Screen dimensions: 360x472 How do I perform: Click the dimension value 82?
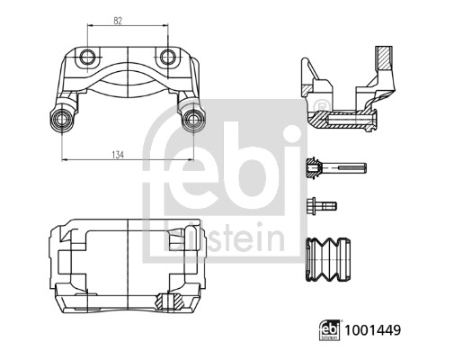(x=126, y=19)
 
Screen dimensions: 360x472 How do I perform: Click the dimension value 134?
(x=127, y=154)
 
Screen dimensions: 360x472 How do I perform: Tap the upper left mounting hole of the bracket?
(x=87, y=59)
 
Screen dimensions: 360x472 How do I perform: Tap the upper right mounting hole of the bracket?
(x=167, y=59)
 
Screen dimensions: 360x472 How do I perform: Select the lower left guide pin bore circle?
(x=64, y=120)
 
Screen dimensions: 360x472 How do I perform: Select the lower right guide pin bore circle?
(x=191, y=120)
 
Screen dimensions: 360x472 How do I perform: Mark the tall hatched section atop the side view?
(x=383, y=61)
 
